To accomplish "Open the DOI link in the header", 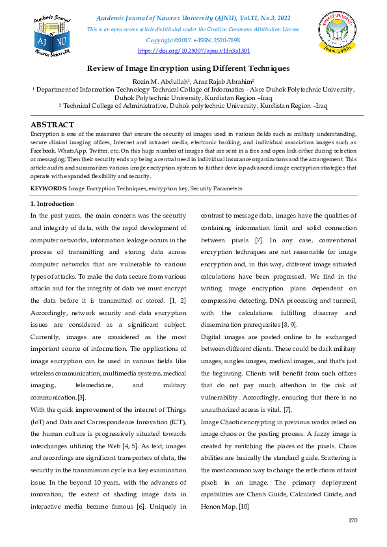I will (x=194, y=50).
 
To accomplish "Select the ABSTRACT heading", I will (x=53, y=125).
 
